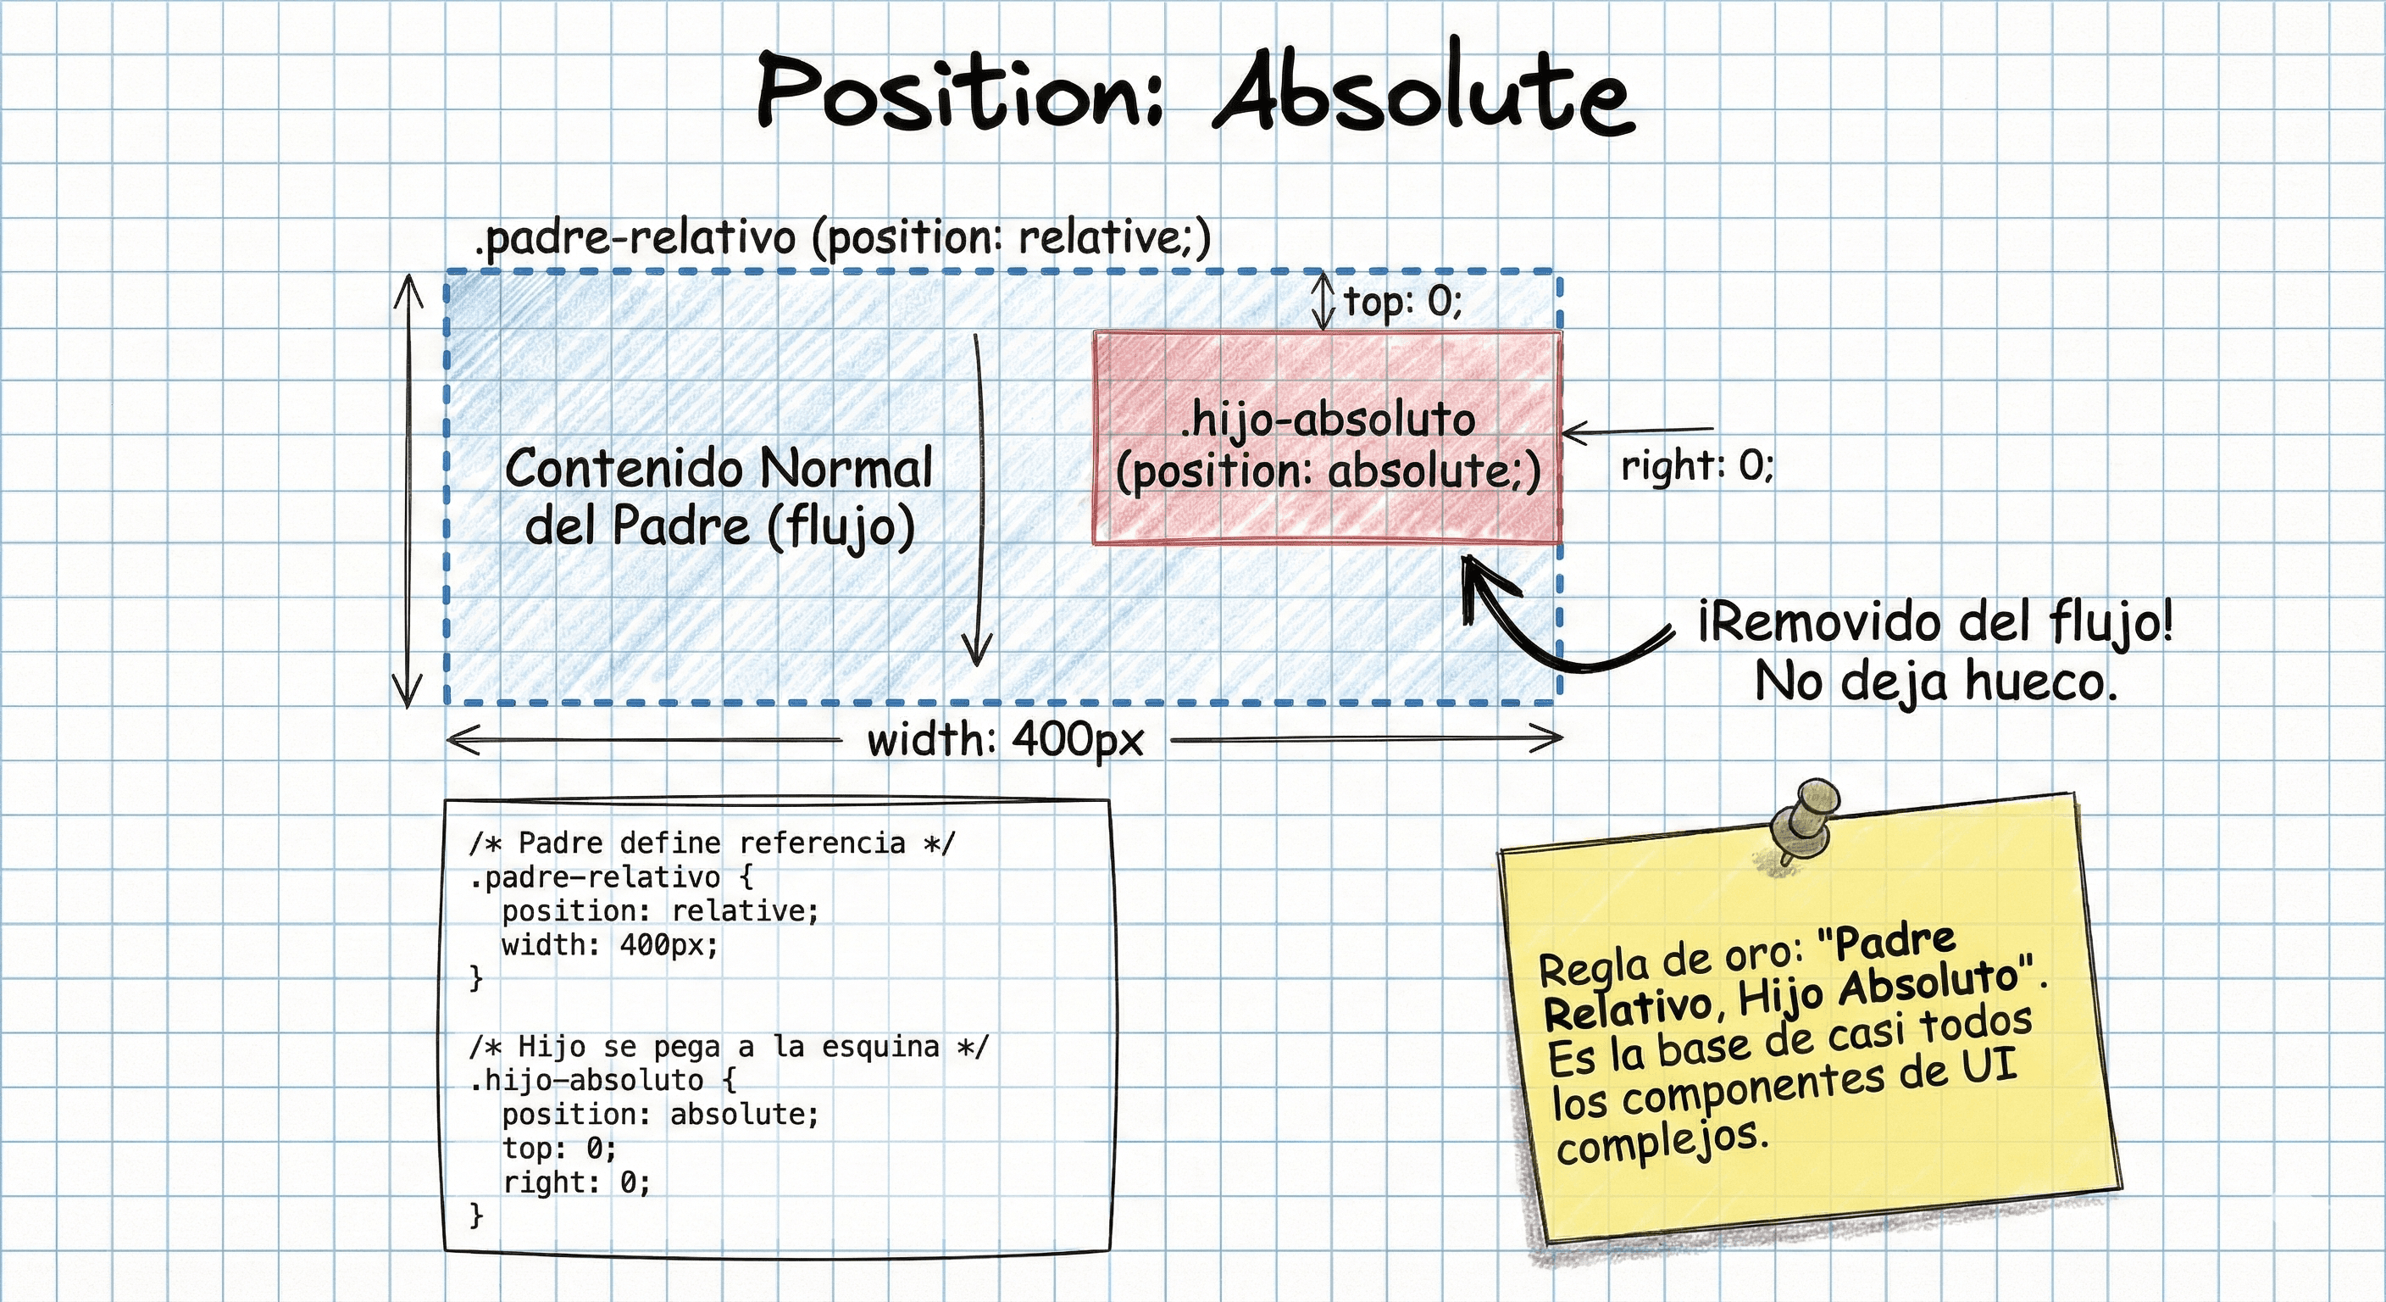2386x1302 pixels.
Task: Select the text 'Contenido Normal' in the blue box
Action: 719,468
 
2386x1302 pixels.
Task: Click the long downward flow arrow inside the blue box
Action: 977,500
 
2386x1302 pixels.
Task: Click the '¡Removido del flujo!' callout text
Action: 1936,622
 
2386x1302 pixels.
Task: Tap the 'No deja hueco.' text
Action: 1936,682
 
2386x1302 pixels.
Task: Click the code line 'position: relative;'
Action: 660,911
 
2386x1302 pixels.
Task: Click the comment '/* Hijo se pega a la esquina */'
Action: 729,1046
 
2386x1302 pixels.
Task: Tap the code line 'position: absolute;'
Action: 660,1114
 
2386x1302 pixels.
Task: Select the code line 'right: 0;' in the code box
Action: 577,1182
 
